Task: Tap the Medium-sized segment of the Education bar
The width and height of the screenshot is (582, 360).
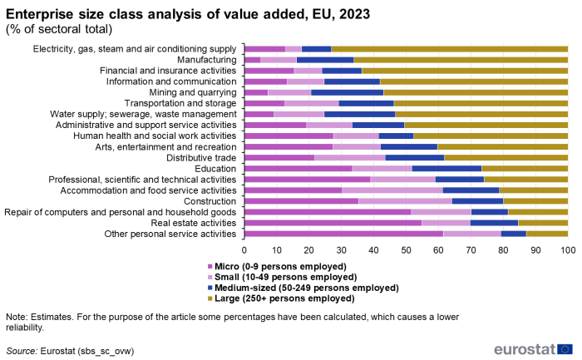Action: [x=447, y=168]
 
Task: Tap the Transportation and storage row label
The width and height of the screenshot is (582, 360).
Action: [x=179, y=103]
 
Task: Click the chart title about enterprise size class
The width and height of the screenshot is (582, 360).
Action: [x=188, y=14]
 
